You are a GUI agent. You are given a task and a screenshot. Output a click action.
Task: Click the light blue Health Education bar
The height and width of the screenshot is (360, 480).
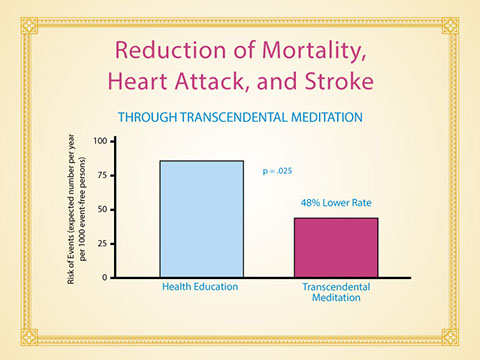[202, 219]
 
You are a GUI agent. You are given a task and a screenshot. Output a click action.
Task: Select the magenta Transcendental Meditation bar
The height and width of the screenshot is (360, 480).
[336, 248]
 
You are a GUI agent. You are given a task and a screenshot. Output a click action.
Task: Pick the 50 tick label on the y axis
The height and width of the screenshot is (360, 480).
[102, 210]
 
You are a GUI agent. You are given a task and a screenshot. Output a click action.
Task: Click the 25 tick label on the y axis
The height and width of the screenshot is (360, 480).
[102, 244]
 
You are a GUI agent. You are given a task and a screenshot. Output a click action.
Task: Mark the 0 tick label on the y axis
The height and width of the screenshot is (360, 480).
[105, 278]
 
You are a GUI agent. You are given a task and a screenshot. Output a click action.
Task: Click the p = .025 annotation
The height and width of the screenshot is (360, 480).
[277, 171]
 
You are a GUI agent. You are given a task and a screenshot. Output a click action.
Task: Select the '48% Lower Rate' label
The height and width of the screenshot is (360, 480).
[336, 203]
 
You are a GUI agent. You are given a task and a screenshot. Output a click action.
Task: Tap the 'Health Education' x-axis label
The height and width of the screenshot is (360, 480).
[200, 287]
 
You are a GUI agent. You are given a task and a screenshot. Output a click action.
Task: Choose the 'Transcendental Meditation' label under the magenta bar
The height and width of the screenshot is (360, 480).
[336, 292]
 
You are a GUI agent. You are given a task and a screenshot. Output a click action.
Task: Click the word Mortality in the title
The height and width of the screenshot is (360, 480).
[314, 51]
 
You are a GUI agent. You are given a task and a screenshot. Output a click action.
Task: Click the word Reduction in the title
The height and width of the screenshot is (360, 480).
[170, 50]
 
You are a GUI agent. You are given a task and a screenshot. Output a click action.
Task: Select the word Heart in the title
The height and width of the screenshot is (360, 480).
[137, 81]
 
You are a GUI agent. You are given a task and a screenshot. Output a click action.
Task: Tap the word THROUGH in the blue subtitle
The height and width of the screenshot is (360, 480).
[147, 117]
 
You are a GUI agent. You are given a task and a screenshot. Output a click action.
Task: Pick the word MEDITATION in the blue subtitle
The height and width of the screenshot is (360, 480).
[327, 117]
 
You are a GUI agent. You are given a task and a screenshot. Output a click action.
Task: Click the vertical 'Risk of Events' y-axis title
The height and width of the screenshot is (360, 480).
[76, 209]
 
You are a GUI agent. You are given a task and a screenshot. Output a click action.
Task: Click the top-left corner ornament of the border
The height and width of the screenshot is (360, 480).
[29, 26]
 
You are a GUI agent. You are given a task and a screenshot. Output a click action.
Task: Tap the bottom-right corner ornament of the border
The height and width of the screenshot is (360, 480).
[450, 337]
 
